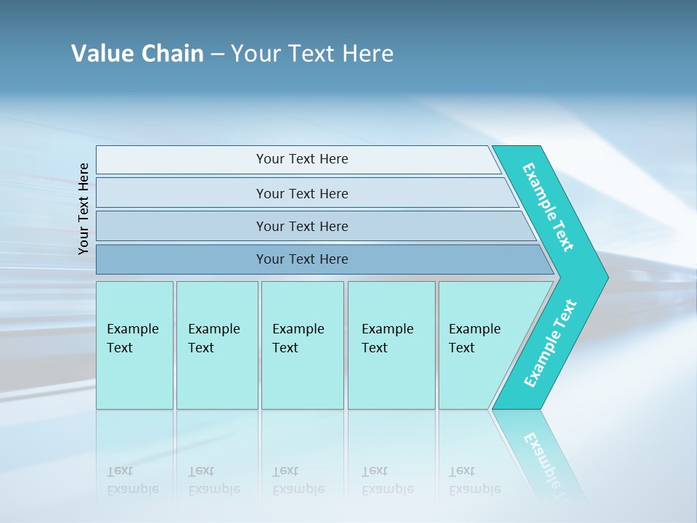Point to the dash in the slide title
click(217, 54)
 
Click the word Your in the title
click(254, 54)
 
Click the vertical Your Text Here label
click(83, 208)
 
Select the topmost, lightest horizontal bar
click(301, 159)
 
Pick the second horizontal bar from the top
click(301, 193)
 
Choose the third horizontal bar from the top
click(301, 226)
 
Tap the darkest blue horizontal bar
click(301, 259)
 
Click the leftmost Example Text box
click(134, 345)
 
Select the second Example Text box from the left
click(216, 345)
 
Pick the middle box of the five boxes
click(302, 345)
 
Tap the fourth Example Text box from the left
click(391, 345)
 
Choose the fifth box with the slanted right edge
click(479, 345)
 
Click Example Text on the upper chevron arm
click(548, 207)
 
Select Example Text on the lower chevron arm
click(550, 344)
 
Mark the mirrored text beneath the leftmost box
click(133, 480)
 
